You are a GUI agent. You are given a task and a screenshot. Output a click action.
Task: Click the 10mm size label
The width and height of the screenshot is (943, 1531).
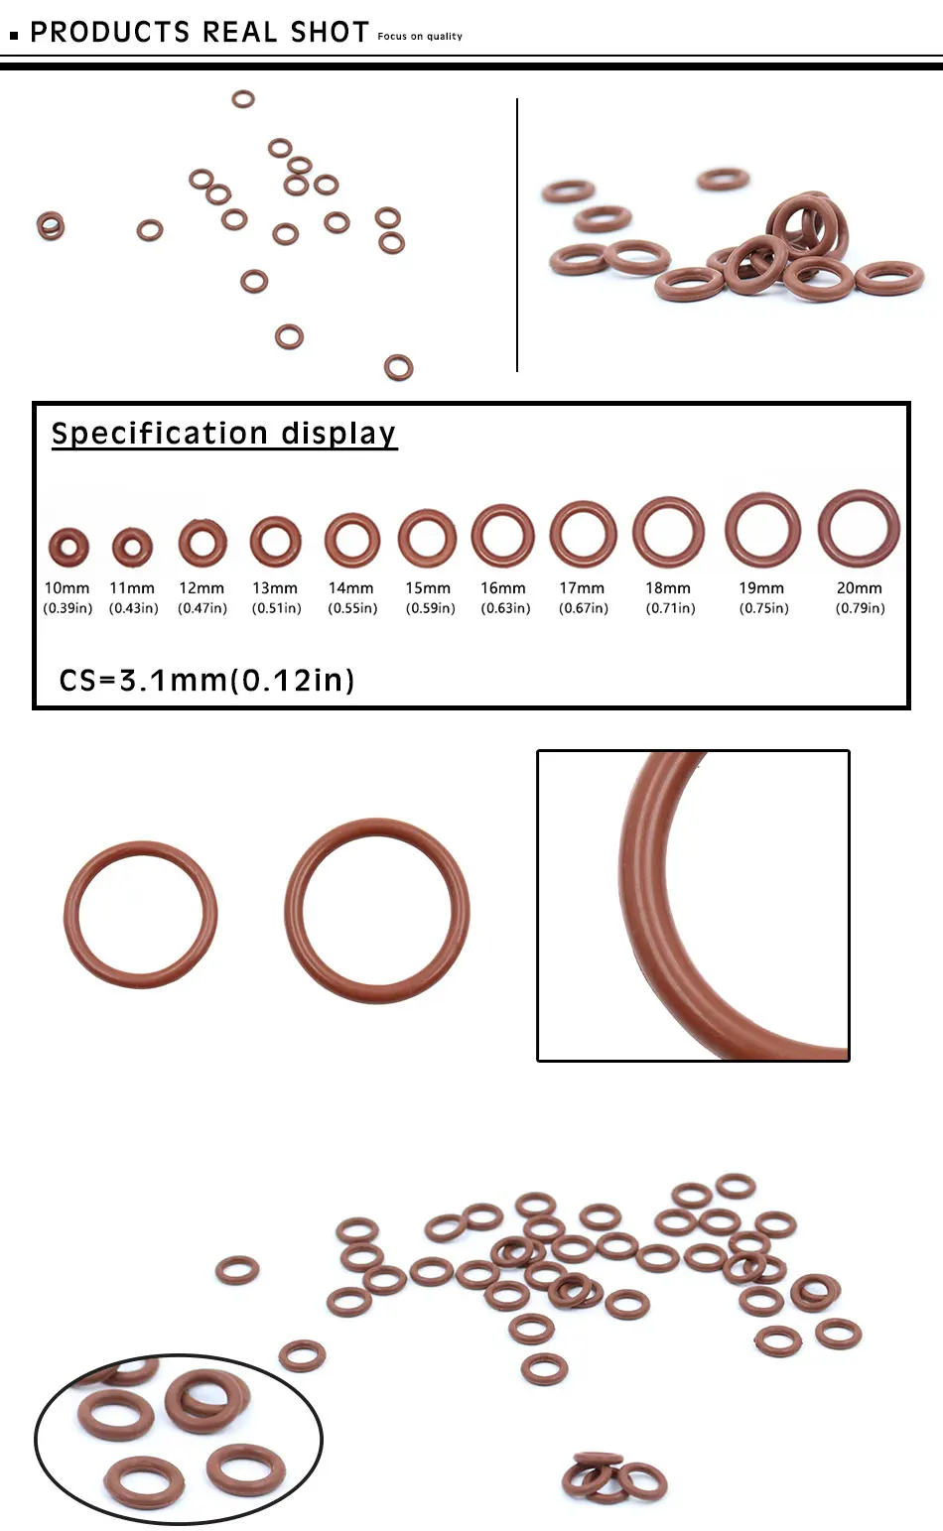coord(67,588)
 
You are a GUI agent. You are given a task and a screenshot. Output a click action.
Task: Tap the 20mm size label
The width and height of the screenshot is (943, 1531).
coord(859,588)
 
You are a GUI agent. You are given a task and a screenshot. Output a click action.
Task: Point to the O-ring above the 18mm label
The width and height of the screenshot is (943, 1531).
coord(668,533)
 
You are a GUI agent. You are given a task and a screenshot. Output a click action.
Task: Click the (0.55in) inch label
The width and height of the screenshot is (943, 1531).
coord(352,608)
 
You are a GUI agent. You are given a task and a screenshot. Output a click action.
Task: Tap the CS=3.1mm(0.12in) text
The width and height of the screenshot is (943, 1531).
coord(206,681)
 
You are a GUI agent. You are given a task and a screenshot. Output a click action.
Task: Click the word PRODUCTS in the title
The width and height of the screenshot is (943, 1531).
coord(110,33)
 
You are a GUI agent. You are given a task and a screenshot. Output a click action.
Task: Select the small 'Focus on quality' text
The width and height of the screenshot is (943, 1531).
coord(420,37)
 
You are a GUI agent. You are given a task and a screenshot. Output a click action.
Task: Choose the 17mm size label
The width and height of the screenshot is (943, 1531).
coord(582,588)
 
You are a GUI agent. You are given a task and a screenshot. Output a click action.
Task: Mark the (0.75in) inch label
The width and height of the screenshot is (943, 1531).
coord(763,608)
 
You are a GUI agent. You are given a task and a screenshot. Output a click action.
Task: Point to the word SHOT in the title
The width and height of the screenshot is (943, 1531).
coord(330,33)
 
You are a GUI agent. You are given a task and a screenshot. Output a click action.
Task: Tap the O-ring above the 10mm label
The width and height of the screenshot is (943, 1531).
coord(68,546)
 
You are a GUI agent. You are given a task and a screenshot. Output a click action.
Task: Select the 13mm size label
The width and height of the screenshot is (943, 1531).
coord(275,588)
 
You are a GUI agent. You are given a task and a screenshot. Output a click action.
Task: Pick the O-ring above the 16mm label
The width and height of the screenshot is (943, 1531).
coord(502,536)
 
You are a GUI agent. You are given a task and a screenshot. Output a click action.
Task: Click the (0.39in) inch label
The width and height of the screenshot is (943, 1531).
coord(67,608)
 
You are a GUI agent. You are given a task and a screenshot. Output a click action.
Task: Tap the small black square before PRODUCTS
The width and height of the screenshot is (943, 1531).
coord(14,36)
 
